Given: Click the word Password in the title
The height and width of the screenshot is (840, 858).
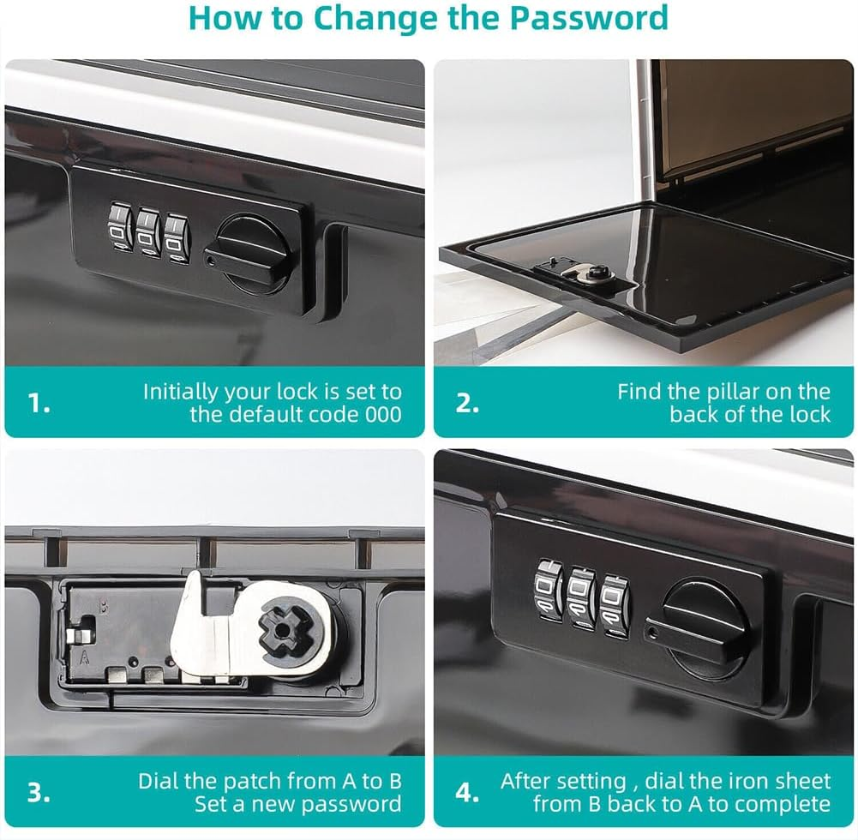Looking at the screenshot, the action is [x=589, y=17].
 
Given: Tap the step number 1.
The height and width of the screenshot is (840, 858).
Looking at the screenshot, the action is [x=39, y=404].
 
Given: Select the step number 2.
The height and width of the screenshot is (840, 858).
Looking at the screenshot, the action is [x=467, y=404].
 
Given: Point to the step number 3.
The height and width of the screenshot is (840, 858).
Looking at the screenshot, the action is [x=39, y=792].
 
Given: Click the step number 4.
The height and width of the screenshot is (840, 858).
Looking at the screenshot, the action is [x=467, y=792].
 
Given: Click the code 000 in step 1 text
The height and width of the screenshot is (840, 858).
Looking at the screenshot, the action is [x=383, y=414].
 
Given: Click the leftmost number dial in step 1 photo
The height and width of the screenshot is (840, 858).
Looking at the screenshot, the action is [x=120, y=228].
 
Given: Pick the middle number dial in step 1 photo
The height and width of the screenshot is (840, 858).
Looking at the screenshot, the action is [x=148, y=232].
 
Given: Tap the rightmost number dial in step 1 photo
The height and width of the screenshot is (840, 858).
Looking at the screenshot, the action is [x=177, y=238].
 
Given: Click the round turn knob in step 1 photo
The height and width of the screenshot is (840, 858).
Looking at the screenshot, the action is [x=254, y=254].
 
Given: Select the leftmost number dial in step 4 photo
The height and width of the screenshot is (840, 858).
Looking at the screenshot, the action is [x=549, y=590].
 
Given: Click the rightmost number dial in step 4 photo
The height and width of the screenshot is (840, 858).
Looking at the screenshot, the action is [x=615, y=606].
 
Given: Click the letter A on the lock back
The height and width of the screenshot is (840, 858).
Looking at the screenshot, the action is [x=85, y=657].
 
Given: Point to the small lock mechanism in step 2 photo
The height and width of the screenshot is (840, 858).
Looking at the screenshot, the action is [x=582, y=273].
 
